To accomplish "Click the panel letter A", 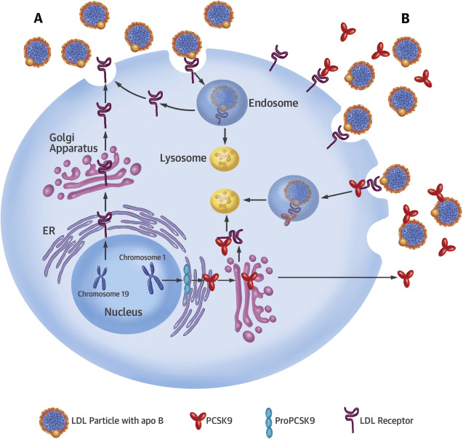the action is coord(39,18).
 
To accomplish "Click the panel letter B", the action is coord(406,18).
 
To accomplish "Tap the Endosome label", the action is coord(273,103).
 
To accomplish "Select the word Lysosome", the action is coord(183,158).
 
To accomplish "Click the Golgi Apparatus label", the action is coord(73,143).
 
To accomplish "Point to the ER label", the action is coord(49,231).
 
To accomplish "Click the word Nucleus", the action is coord(124,312).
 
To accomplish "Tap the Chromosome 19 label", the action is coord(103,294).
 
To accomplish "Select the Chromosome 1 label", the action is coord(142,258).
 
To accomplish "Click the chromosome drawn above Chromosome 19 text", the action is coord(101,277).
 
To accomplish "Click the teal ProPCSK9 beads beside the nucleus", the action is coord(187,279).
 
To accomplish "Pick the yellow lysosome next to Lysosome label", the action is coord(225,159).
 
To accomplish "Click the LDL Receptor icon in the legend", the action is coord(351,419).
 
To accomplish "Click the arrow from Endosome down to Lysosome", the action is coord(225,136).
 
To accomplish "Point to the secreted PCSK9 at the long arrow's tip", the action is coord(406,278).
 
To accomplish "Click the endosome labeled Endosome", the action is coord(222,102).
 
